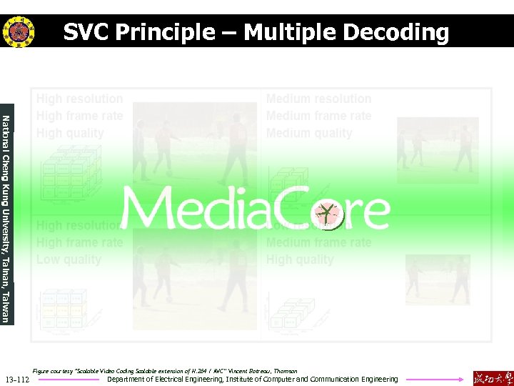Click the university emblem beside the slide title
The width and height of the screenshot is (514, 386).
point(18,31)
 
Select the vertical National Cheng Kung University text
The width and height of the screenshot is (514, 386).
point(6,218)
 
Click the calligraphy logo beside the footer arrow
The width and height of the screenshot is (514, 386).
point(493,377)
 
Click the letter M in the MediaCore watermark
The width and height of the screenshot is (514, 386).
point(147,209)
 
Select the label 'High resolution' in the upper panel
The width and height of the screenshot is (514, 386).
point(79,99)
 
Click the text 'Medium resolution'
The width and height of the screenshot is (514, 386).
point(318,99)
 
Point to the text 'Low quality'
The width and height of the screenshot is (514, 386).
point(69,259)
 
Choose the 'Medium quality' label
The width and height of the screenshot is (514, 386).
point(309,133)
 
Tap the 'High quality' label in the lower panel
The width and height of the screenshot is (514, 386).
point(300,259)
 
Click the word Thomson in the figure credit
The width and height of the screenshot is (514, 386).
point(285,371)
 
